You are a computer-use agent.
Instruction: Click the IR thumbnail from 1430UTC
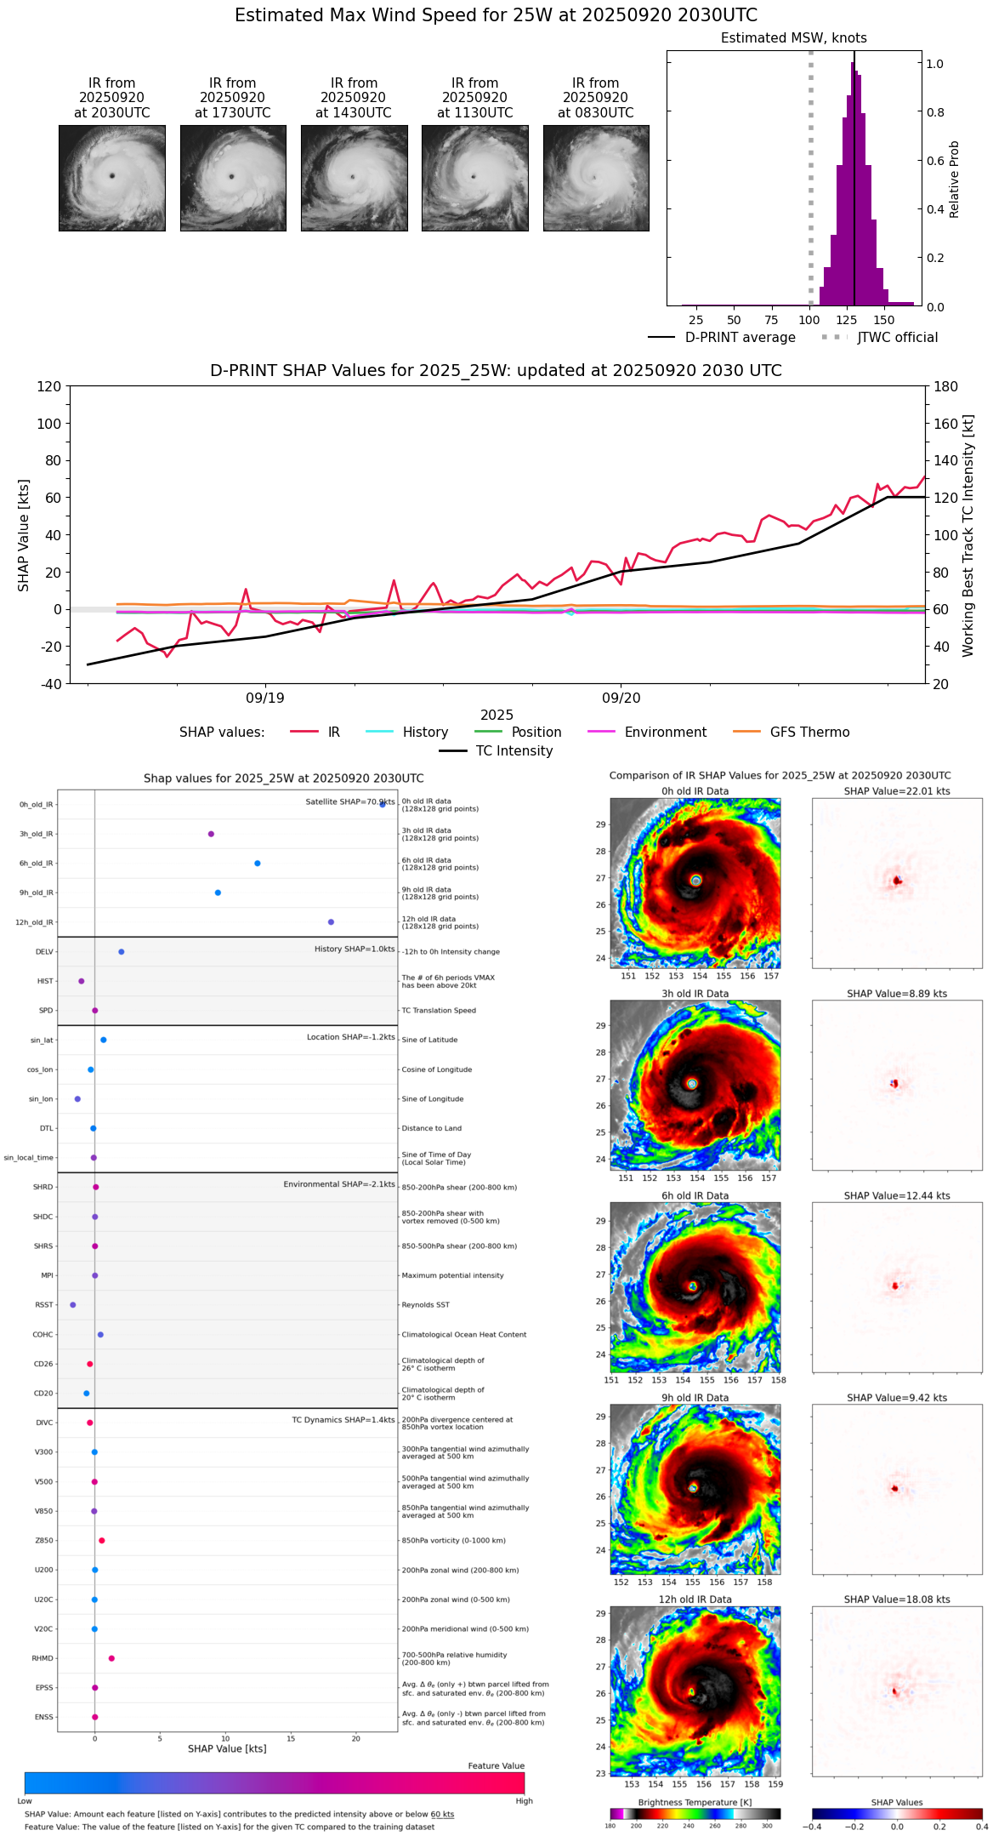pyautogui.click(x=354, y=178)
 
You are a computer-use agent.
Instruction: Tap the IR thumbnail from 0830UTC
pyautogui.click(x=596, y=178)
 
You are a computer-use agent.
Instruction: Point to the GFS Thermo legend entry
pyautogui.click(x=809, y=733)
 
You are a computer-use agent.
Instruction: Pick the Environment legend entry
pyautogui.click(x=665, y=733)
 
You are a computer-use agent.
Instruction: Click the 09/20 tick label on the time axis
pyautogui.click(x=621, y=698)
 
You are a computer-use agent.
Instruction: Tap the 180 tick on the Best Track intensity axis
pyautogui.click(x=945, y=387)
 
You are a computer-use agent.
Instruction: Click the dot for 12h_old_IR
pyautogui.click(x=331, y=922)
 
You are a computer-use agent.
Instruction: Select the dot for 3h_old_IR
pyautogui.click(x=211, y=834)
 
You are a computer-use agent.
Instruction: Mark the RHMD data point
pyautogui.click(x=111, y=1658)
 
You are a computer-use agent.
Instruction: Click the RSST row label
pyautogui.click(x=43, y=1305)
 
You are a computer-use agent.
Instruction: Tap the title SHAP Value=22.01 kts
pyautogui.click(x=896, y=791)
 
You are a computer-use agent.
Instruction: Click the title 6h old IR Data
pyautogui.click(x=695, y=1195)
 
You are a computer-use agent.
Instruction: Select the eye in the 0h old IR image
pyautogui.click(x=696, y=880)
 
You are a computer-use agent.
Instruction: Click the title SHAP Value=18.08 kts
pyautogui.click(x=896, y=1599)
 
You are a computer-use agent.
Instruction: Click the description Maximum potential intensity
pyautogui.click(x=452, y=1275)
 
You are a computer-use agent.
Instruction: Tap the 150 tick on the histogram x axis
pyautogui.click(x=884, y=321)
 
